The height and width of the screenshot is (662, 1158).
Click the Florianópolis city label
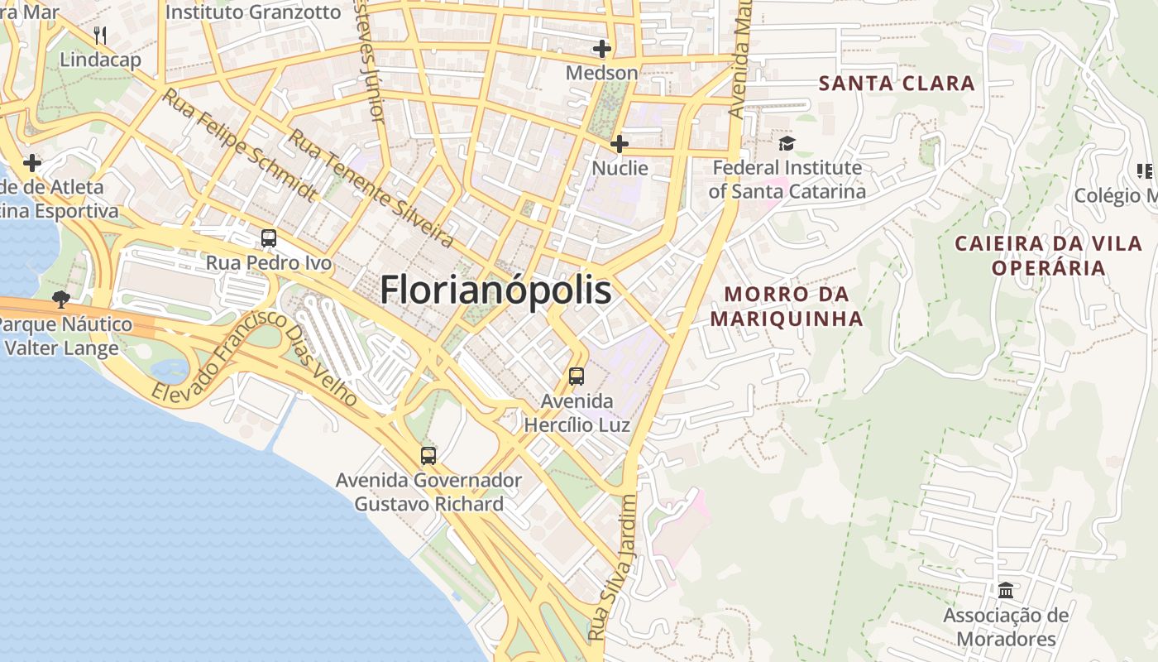coord(495,290)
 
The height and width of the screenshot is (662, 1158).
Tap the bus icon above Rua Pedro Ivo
coord(269,238)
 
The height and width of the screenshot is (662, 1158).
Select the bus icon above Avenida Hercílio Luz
coord(577,377)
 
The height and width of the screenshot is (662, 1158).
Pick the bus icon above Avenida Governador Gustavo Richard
coord(428,455)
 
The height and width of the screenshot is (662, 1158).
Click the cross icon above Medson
coord(601,49)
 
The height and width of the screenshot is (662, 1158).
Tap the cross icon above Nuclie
coord(619,144)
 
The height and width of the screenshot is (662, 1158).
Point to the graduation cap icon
coord(787,143)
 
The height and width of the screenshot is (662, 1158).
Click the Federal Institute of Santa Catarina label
coord(787,180)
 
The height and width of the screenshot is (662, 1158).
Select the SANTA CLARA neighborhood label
coord(897,83)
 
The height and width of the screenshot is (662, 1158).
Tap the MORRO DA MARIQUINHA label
coord(787,306)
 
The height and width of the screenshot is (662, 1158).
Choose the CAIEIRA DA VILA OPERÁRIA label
coord(1049,256)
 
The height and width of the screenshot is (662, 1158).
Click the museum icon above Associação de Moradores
coord(1006,591)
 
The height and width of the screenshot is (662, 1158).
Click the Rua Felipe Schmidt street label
coord(239,145)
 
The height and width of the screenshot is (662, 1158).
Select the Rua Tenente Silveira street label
coord(371,189)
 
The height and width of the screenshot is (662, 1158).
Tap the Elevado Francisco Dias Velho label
coord(256,360)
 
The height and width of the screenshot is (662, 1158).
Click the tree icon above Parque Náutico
coord(60,299)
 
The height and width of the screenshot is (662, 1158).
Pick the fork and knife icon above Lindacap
coord(100,35)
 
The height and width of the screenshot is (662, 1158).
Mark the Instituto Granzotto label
coord(253,12)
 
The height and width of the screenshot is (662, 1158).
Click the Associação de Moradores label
coord(1006,627)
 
